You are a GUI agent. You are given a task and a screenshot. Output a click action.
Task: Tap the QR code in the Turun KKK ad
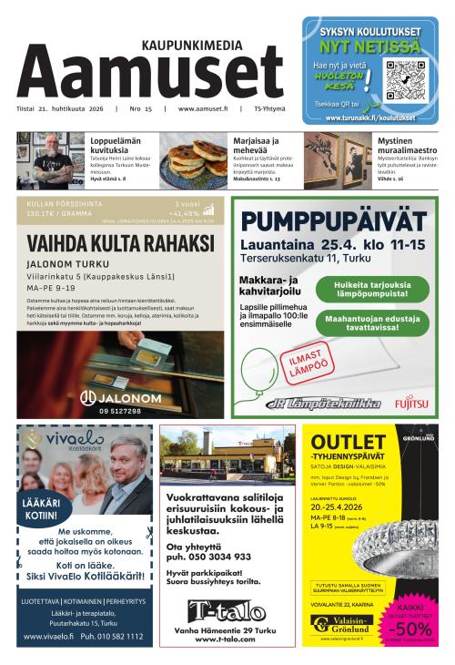point(404,80)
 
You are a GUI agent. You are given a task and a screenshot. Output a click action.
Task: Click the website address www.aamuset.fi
point(202,109)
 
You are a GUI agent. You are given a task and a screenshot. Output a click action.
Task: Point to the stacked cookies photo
point(194,160)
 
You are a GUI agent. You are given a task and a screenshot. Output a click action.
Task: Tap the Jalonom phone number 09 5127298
point(121,411)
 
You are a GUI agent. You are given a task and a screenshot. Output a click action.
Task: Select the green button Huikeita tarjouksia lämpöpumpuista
point(372,290)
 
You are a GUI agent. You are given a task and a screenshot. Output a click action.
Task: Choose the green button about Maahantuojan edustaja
point(372,322)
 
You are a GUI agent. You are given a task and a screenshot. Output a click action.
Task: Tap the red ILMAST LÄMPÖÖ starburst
point(309,362)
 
